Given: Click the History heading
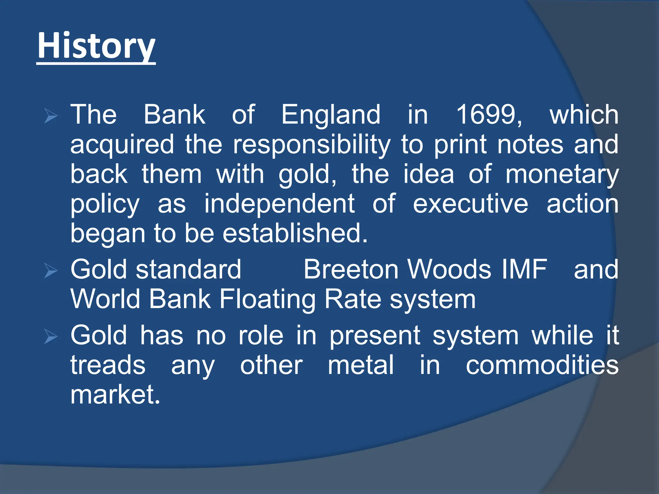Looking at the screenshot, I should [x=96, y=46].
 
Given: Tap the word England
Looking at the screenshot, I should [x=331, y=114].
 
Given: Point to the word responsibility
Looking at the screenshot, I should [x=311, y=145].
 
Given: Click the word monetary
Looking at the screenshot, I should [x=562, y=175].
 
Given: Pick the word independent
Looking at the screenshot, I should [x=279, y=204].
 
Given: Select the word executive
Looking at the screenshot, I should [x=470, y=204].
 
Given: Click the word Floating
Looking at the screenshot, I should [x=267, y=299].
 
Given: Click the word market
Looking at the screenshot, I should [x=115, y=395].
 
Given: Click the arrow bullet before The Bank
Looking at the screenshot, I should [x=51, y=116].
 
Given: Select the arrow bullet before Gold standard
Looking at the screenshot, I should [x=51, y=270].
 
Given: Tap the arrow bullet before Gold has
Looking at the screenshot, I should [x=51, y=336].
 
